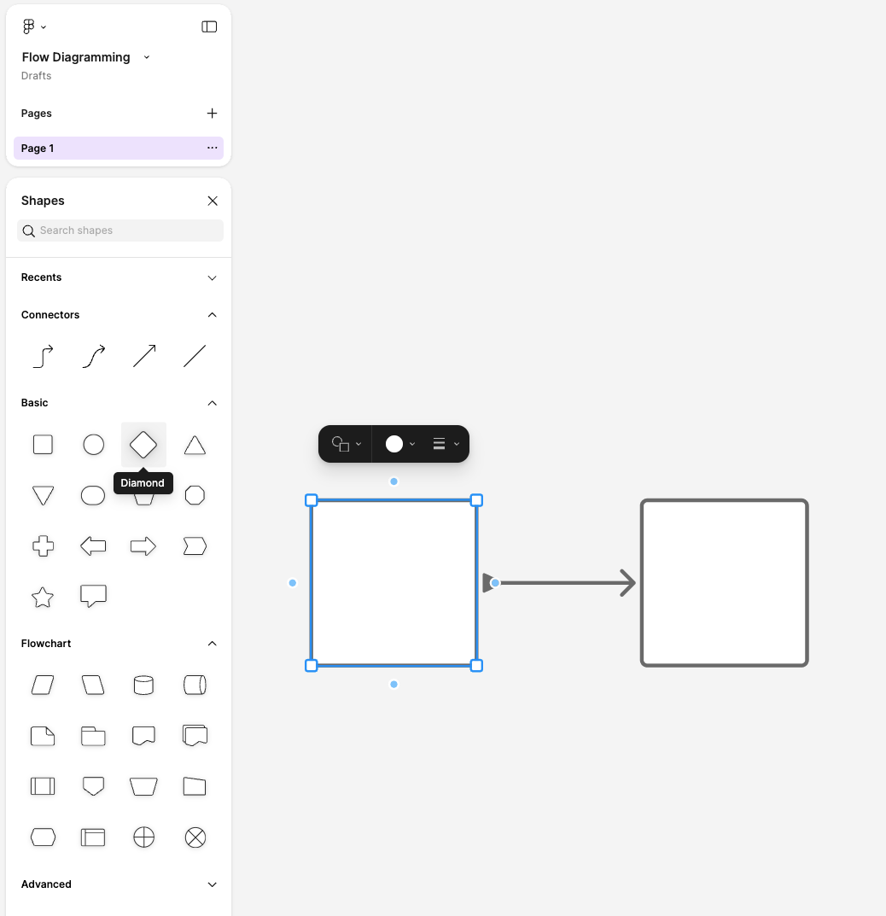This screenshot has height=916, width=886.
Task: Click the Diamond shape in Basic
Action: tap(143, 445)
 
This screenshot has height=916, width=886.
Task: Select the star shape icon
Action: tap(43, 597)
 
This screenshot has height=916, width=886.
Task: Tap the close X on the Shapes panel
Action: tap(213, 201)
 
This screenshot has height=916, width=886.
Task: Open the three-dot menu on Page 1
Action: tap(212, 148)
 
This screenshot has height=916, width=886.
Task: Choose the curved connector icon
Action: tap(93, 356)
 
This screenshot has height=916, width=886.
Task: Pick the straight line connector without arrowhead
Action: tap(195, 356)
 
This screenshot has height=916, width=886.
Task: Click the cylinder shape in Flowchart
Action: tap(143, 686)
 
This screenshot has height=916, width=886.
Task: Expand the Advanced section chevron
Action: tap(213, 884)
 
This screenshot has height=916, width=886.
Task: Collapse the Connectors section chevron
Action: tap(213, 315)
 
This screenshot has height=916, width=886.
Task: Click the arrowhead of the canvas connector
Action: tap(628, 583)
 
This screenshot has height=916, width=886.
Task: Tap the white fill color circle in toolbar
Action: tap(394, 444)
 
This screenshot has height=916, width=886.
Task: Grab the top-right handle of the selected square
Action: tap(476, 500)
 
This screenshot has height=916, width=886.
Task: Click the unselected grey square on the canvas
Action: tap(724, 583)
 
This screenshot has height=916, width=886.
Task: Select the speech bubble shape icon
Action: tap(93, 596)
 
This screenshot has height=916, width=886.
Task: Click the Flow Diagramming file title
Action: tap(76, 57)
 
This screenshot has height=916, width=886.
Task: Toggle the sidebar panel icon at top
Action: tap(209, 26)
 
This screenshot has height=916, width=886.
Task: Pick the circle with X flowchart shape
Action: tap(195, 837)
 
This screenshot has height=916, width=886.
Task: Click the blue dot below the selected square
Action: tap(394, 684)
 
